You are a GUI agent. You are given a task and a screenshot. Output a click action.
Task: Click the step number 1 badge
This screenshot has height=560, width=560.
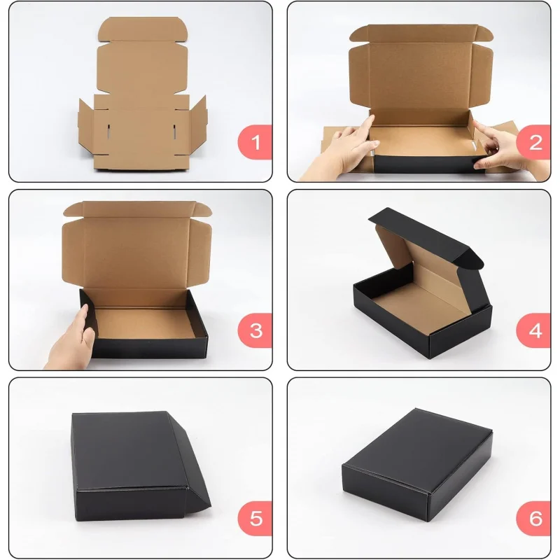(x=255, y=143)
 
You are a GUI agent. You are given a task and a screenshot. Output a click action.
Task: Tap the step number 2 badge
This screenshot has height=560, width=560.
(x=535, y=143)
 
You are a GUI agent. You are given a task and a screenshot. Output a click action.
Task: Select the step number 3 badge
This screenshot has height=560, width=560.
(x=255, y=330)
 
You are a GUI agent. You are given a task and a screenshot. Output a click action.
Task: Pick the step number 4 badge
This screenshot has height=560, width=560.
(x=535, y=330)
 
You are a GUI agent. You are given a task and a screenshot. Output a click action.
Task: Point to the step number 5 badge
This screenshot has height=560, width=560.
(x=255, y=519)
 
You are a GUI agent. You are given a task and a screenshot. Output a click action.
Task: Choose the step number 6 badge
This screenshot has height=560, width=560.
(x=535, y=519)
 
